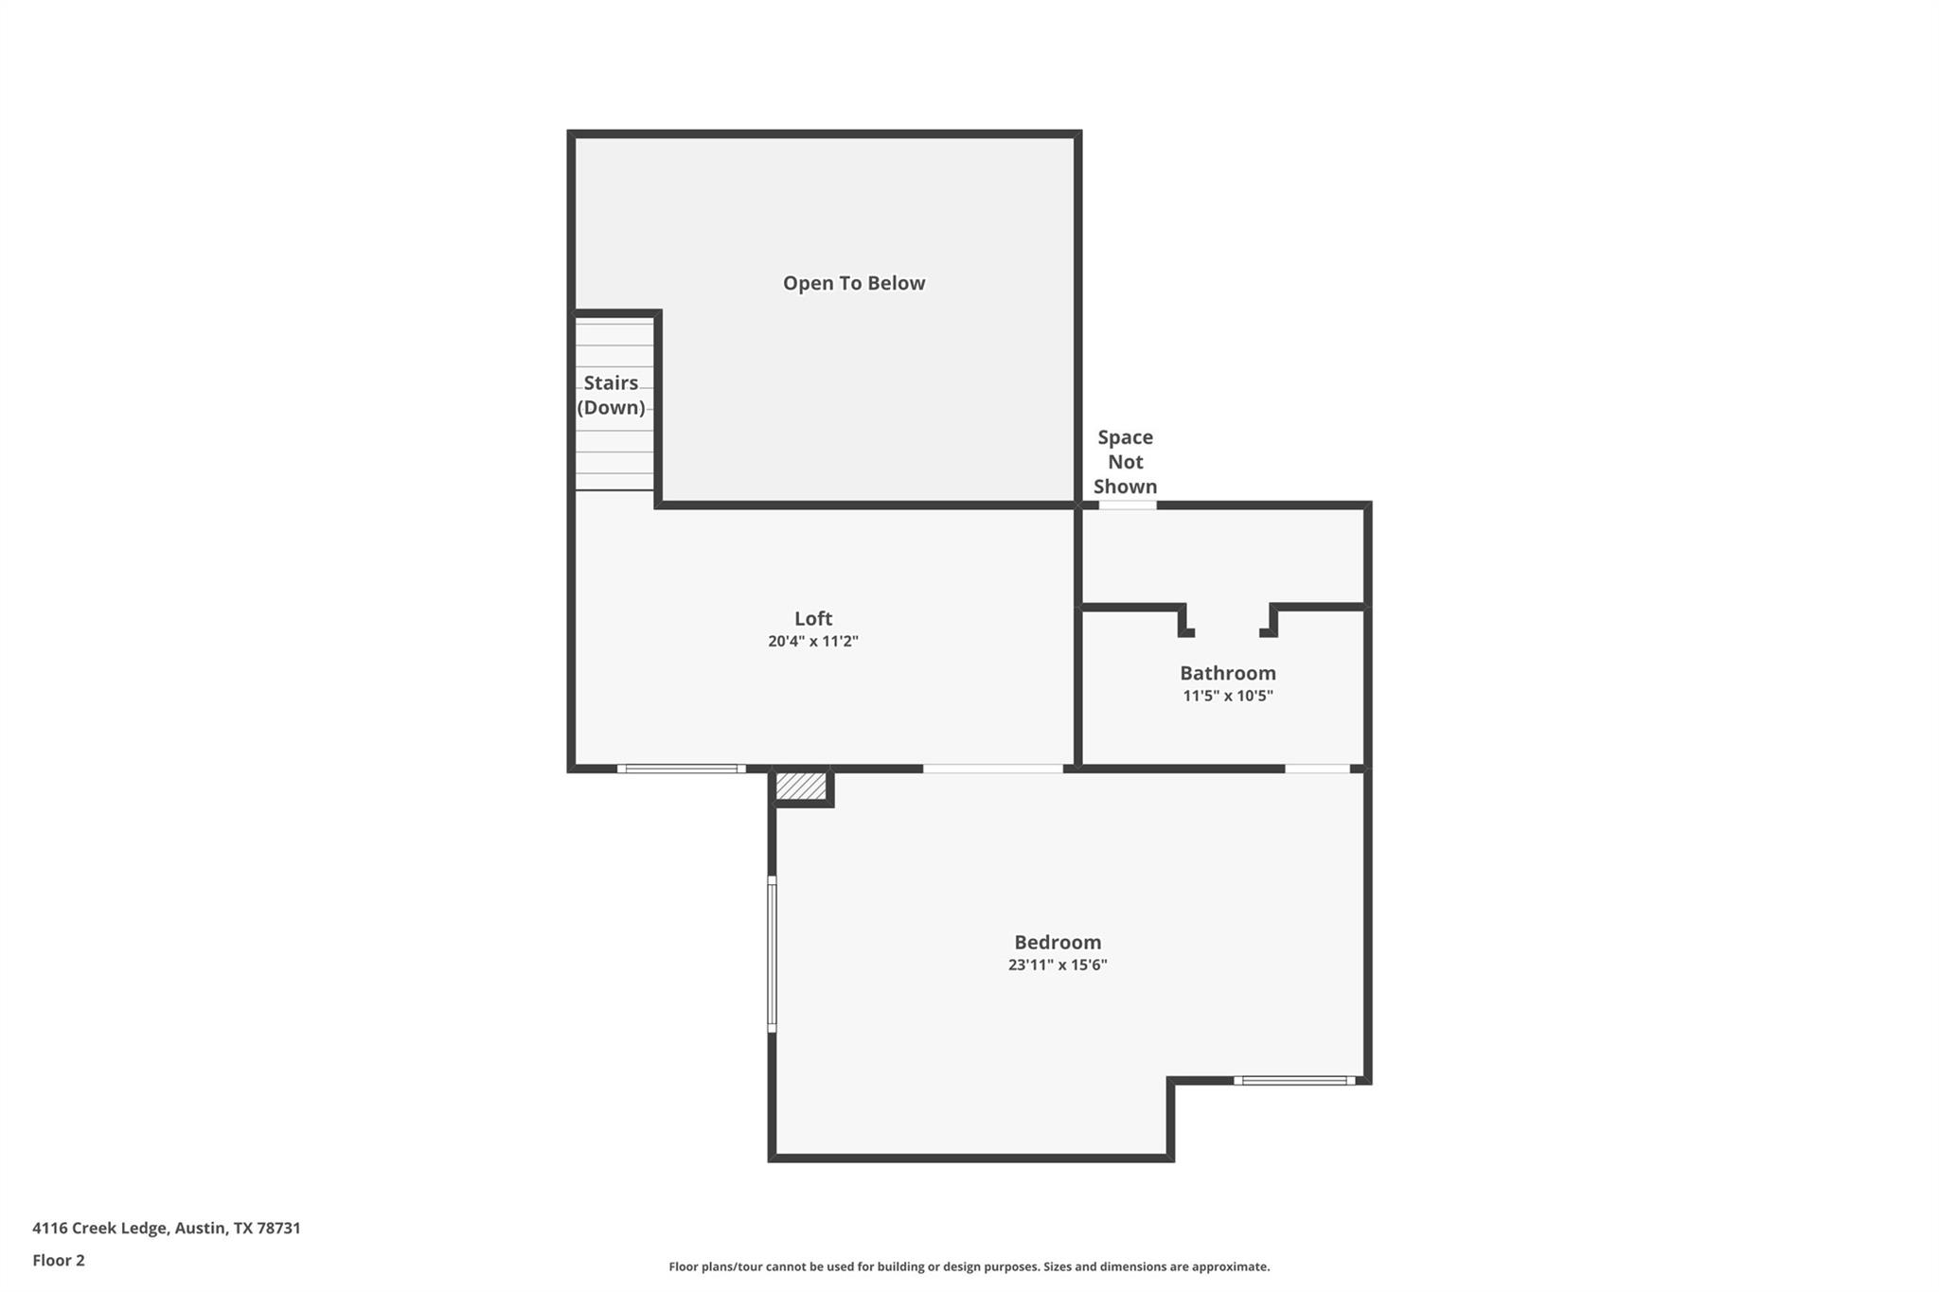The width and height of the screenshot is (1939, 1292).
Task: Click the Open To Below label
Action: [x=853, y=283]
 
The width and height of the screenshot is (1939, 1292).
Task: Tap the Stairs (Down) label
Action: [x=611, y=395]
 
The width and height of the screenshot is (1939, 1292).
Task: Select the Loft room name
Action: [x=812, y=618]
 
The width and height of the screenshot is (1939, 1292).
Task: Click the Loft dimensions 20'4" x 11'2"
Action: [x=812, y=642]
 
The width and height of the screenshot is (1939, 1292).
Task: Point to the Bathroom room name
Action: [x=1227, y=673]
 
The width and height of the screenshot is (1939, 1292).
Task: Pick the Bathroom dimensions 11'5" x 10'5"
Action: [x=1227, y=696]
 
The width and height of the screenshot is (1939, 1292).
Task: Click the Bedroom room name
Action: [x=1057, y=942]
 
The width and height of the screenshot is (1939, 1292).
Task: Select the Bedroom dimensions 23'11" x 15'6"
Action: [x=1057, y=965]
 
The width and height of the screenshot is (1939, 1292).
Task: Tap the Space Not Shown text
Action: [x=1125, y=462]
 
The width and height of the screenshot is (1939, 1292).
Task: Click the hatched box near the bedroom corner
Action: [x=800, y=786]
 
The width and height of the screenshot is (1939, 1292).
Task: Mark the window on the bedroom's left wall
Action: [x=772, y=953]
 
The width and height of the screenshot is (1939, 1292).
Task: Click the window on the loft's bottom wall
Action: [x=681, y=769]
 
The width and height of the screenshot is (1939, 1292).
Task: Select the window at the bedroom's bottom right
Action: [x=1293, y=1080]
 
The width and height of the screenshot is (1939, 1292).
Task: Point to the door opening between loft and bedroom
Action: [x=992, y=769]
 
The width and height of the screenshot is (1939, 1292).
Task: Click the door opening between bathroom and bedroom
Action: [x=1316, y=769]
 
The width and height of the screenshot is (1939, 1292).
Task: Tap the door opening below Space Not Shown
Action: [x=1127, y=505]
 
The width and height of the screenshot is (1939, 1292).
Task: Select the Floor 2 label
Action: [x=59, y=1260]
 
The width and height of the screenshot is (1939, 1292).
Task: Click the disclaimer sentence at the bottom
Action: [x=969, y=1266]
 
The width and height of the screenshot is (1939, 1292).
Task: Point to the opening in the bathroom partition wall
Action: [x=1227, y=632]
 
